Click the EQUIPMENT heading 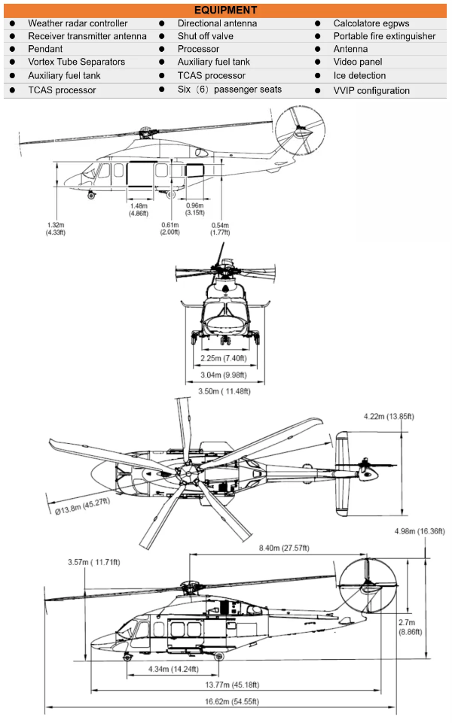click(225, 10)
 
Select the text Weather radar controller click(78, 24)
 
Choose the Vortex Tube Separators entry click(76, 62)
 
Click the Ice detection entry click(359, 75)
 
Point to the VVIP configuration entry click(371, 91)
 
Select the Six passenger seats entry click(230, 90)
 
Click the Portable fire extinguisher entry click(384, 36)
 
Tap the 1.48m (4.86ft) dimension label click(139, 210)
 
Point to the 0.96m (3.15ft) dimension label click(194, 210)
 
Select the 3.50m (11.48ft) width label click(224, 391)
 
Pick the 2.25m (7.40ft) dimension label click(224, 358)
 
